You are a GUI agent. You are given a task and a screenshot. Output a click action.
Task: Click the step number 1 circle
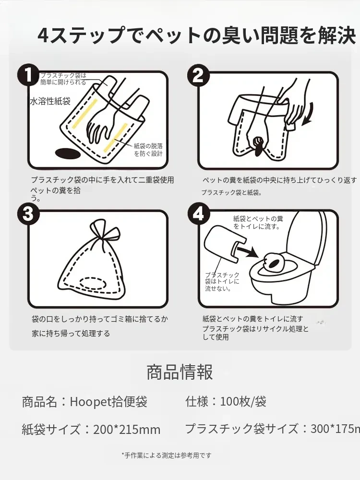(x=28, y=75)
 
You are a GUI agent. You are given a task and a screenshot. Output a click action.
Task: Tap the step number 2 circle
(x=198, y=75)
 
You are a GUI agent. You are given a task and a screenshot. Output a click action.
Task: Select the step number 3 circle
(x=28, y=214)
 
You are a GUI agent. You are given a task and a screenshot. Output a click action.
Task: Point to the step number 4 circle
(x=198, y=214)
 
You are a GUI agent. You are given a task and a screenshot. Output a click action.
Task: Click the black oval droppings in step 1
(x=67, y=154)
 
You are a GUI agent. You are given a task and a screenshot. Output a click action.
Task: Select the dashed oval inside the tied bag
(x=93, y=284)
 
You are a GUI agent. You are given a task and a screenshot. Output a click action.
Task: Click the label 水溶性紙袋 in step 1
(x=50, y=101)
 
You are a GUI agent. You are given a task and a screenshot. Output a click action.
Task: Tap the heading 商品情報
(x=180, y=372)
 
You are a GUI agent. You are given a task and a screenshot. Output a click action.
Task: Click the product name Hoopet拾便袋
(x=108, y=402)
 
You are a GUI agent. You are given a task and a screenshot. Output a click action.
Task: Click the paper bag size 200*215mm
(x=127, y=429)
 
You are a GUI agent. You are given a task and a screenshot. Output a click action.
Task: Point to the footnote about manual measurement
(x=167, y=455)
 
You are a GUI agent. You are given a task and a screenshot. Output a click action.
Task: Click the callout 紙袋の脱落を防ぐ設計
(x=148, y=150)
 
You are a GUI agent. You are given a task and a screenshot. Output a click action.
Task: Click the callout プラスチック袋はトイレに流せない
(x=222, y=282)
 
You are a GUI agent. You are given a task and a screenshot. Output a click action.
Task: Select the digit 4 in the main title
(x=43, y=36)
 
